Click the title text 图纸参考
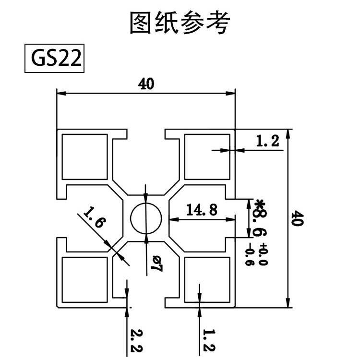pos(180,23)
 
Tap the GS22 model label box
pos(54,59)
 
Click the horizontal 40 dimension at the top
pos(146,84)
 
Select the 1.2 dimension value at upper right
pos(267,141)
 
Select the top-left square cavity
pos(85,156)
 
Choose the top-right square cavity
pos(207,156)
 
